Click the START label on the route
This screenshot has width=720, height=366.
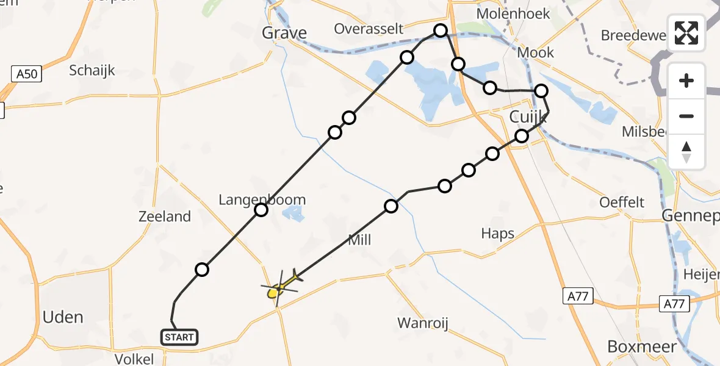coord(179,337)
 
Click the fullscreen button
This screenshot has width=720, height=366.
coord(686,33)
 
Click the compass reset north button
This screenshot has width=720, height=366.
coord(686,152)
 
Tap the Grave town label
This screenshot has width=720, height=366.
coord(284,33)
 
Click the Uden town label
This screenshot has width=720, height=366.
coord(63,317)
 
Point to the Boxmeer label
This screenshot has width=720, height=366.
coord(642,346)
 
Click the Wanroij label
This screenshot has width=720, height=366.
coord(423,323)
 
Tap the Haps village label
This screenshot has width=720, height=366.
coord(497,233)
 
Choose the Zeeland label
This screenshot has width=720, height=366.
coord(165,217)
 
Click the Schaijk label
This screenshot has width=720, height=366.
coord(92,70)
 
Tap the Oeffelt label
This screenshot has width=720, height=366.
coord(622,202)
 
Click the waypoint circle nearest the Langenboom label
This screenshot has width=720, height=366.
coord(261,210)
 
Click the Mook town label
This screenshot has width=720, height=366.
coord(535,52)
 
